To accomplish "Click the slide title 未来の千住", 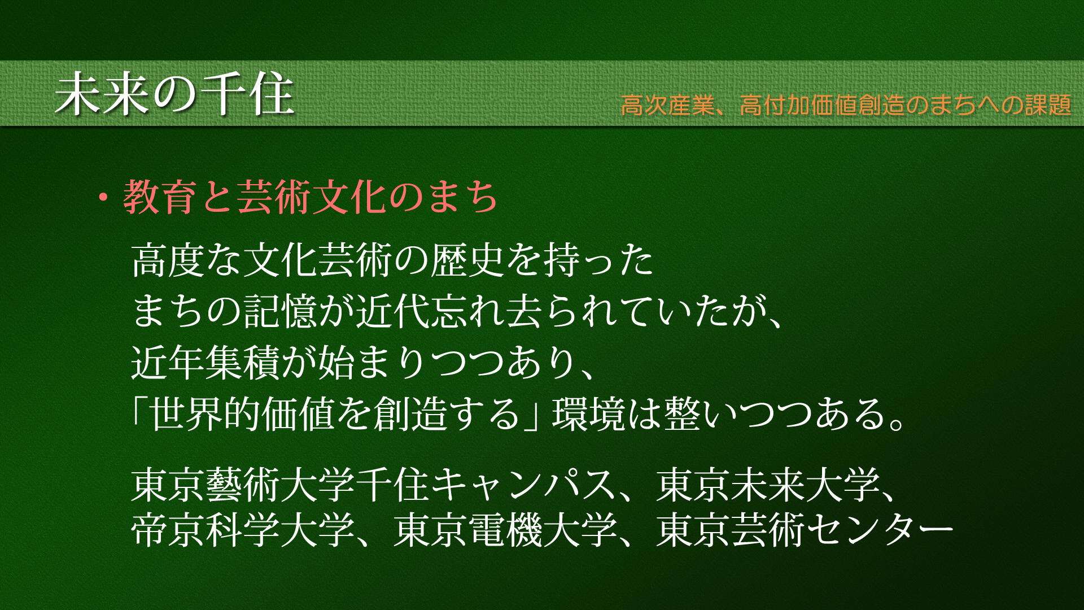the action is (174, 94).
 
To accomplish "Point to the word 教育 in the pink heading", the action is (160, 197).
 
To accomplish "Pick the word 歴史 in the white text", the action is (468, 260).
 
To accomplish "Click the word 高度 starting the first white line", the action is (168, 260).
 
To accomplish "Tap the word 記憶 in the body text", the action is (281, 311).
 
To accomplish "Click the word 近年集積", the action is (206, 362).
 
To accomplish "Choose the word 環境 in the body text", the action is (589, 413).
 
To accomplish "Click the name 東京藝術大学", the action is (243, 485).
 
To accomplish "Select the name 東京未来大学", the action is (768, 485).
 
